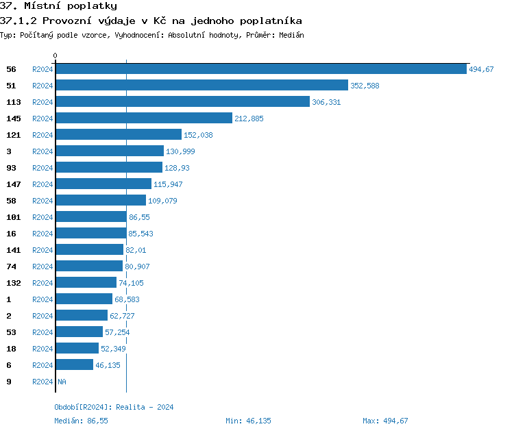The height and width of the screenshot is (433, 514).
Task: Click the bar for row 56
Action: tap(260, 69)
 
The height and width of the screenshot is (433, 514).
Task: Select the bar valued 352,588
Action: tap(201, 86)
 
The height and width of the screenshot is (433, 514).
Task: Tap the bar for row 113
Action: tap(182, 102)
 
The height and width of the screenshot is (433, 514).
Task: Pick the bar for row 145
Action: tap(144, 119)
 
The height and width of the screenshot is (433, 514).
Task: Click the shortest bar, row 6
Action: tap(74, 365)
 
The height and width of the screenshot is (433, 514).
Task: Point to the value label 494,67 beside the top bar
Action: tap(481, 69)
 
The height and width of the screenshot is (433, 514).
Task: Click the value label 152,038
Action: tap(198, 135)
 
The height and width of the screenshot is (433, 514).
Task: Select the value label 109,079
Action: tap(162, 201)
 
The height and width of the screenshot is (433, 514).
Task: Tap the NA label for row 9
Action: tap(62, 382)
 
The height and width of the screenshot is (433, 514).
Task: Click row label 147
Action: tap(13, 184)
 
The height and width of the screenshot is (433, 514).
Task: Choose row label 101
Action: tap(13, 217)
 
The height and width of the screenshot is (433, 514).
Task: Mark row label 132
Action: tap(13, 283)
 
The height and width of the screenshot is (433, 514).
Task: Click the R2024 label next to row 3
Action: tap(42, 151)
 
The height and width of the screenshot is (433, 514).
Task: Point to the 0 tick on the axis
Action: tap(56, 55)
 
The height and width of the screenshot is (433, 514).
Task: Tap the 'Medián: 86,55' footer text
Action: tap(81, 421)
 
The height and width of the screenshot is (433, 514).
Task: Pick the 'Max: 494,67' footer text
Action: tap(385, 421)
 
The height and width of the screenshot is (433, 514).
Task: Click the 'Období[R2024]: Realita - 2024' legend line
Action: tap(114, 407)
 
